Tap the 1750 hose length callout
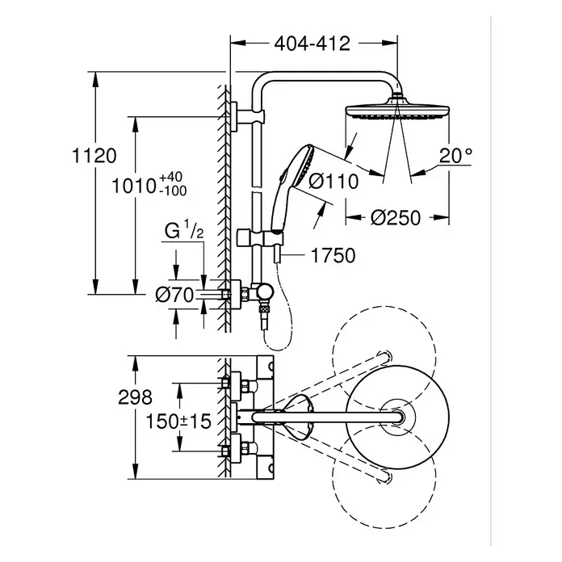(x=333, y=256)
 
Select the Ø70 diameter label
(x=174, y=295)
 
